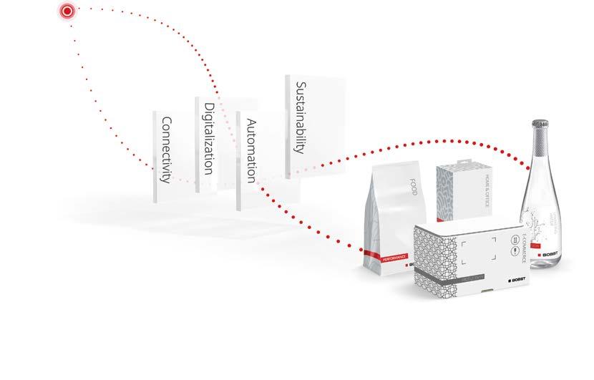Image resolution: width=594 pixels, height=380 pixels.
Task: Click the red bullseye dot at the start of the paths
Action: [67, 11]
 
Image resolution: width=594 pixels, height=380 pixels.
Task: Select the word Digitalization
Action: [208, 138]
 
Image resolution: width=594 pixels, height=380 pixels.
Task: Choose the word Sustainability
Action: [300, 117]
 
